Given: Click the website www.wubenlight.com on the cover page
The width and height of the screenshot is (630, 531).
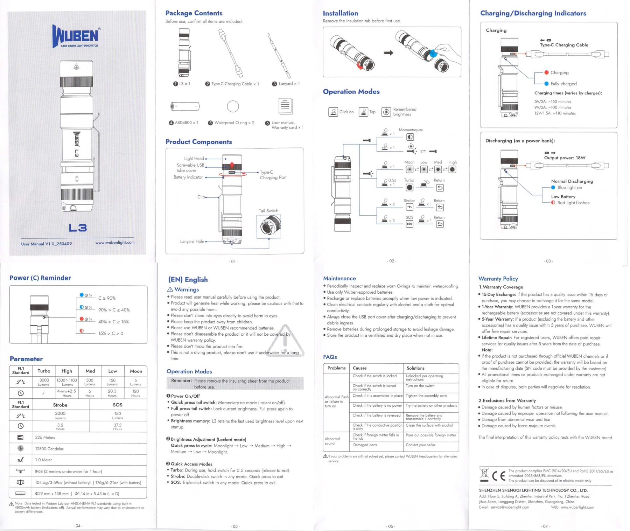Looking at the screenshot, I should [x=115, y=242].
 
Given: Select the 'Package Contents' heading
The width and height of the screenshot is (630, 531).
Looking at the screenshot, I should [x=194, y=13].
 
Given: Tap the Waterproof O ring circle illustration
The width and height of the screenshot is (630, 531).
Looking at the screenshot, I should [x=233, y=106].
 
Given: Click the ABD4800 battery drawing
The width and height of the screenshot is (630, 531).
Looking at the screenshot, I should [x=185, y=106].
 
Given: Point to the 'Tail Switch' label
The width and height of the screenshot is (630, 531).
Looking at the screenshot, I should [x=268, y=211].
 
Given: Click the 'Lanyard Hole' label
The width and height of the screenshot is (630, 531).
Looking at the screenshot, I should [x=192, y=242].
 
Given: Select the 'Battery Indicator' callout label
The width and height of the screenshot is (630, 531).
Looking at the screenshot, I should [x=188, y=177].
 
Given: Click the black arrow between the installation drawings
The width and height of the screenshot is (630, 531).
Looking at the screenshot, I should [x=388, y=53].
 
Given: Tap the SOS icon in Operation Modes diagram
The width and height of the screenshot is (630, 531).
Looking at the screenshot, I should [x=409, y=224].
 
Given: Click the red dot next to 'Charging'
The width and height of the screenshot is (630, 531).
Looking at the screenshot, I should [x=546, y=72].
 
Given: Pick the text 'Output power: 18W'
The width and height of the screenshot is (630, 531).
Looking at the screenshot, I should [x=565, y=158].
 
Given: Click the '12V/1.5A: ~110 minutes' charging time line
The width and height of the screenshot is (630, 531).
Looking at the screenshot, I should [x=555, y=113].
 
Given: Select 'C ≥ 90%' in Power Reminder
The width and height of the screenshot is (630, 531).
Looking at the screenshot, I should [x=107, y=298].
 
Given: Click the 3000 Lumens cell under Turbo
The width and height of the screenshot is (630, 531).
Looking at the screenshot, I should [x=44, y=382].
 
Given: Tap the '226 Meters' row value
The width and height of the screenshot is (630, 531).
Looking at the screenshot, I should [x=45, y=438].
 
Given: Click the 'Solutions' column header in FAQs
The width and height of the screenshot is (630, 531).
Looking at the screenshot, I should [x=415, y=368].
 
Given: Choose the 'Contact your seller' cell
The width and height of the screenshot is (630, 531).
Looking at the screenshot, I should [x=420, y=445].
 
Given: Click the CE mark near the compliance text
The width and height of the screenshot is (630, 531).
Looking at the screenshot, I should [x=498, y=476].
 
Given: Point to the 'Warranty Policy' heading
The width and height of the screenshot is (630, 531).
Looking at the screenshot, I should [x=498, y=279].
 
